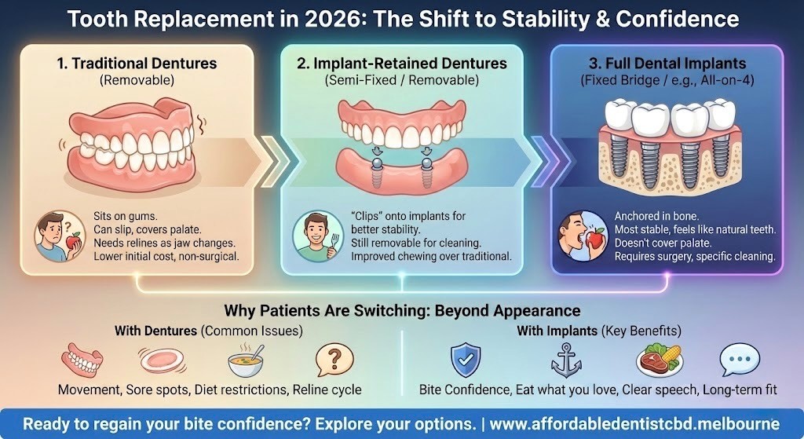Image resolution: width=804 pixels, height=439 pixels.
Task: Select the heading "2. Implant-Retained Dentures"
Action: (402, 64)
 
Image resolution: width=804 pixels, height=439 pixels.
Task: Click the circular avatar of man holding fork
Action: (312, 235)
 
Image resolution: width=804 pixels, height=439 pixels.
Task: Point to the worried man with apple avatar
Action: (55, 235)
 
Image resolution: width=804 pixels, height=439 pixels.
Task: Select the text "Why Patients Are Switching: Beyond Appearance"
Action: (402, 310)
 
